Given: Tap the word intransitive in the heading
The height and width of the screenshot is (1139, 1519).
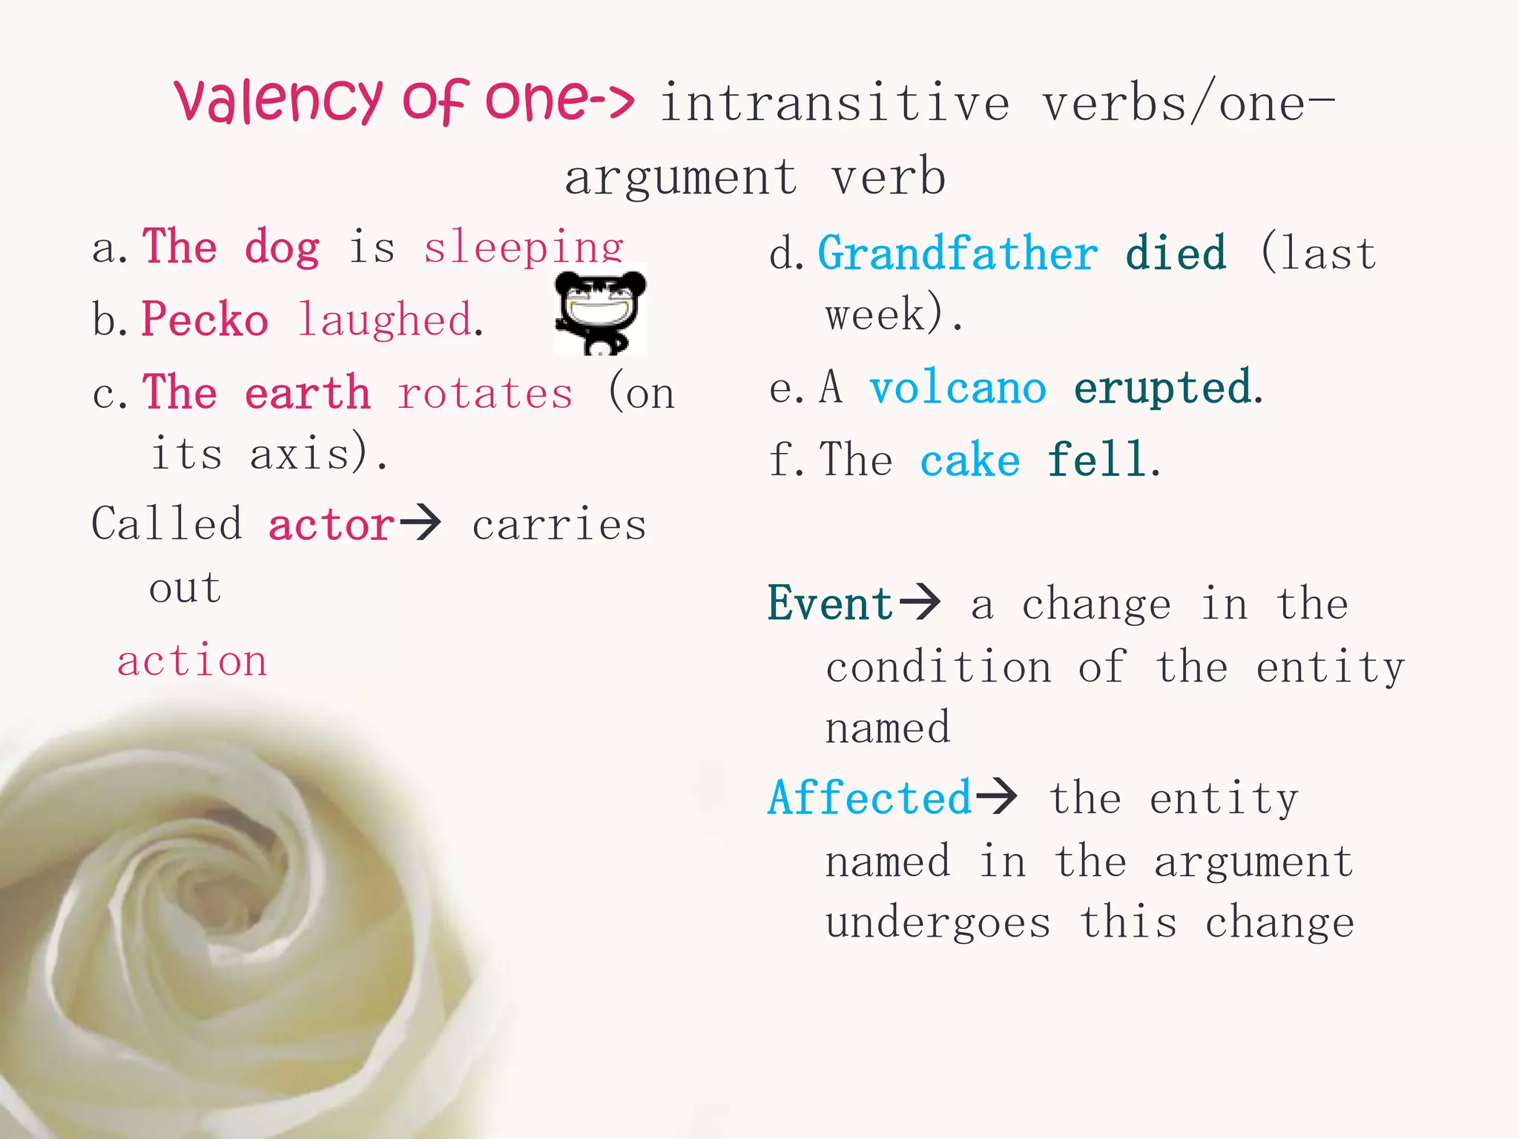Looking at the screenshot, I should [x=835, y=104].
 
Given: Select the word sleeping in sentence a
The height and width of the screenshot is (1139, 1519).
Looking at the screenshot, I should [x=524, y=248].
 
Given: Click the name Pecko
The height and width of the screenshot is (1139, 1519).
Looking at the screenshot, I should [x=205, y=320].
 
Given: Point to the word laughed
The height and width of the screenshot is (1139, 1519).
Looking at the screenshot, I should [x=386, y=321].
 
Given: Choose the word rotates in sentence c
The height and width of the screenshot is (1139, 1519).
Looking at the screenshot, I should [x=485, y=393].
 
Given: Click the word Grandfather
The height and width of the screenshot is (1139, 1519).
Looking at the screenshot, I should [x=958, y=254].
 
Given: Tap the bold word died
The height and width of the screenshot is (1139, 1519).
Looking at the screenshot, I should [x=1176, y=254].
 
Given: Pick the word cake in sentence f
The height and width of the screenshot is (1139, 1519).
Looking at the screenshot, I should [x=969, y=460].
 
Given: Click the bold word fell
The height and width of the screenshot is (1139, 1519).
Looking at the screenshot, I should [x=1097, y=460].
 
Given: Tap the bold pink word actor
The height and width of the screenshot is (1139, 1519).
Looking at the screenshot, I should [x=331, y=526].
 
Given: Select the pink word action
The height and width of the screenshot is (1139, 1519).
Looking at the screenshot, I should [x=192, y=661].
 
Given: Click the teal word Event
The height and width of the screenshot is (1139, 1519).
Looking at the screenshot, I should [x=830, y=604].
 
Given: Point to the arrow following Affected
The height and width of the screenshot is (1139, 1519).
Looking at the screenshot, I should [x=996, y=796].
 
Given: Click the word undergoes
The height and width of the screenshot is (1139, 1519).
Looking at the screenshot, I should [x=938, y=923].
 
